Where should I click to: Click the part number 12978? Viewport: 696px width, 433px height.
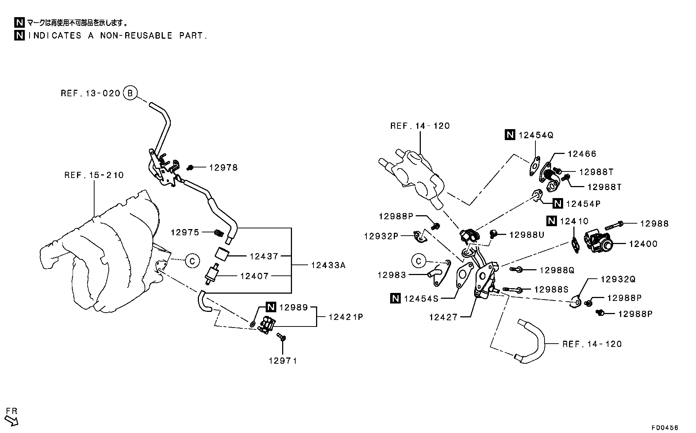(x=223, y=167)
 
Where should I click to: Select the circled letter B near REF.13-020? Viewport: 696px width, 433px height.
(x=130, y=93)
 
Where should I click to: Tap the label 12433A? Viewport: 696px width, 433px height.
(x=328, y=265)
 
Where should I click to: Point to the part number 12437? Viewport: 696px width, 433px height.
(x=264, y=256)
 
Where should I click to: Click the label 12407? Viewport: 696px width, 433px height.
(x=254, y=276)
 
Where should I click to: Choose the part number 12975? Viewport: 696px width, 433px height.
(x=185, y=232)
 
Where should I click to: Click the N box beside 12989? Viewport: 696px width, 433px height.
(x=270, y=307)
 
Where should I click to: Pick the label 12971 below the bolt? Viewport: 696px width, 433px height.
(x=283, y=361)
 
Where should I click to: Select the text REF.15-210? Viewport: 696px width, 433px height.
(x=94, y=175)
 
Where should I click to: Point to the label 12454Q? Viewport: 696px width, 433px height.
(x=536, y=135)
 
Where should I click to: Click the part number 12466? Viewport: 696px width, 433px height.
(x=582, y=154)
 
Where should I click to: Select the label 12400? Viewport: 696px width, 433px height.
(x=643, y=244)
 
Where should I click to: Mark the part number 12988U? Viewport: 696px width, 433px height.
(x=527, y=235)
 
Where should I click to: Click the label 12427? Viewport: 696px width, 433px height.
(x=443, y=317)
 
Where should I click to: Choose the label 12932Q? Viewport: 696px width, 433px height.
(x=618, y=279)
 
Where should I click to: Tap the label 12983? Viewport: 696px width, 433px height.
(x=392, y=275)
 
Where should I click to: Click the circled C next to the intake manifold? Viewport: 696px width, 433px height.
(x=192, y=261)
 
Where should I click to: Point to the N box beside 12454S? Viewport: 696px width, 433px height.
(x=395, y=298)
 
